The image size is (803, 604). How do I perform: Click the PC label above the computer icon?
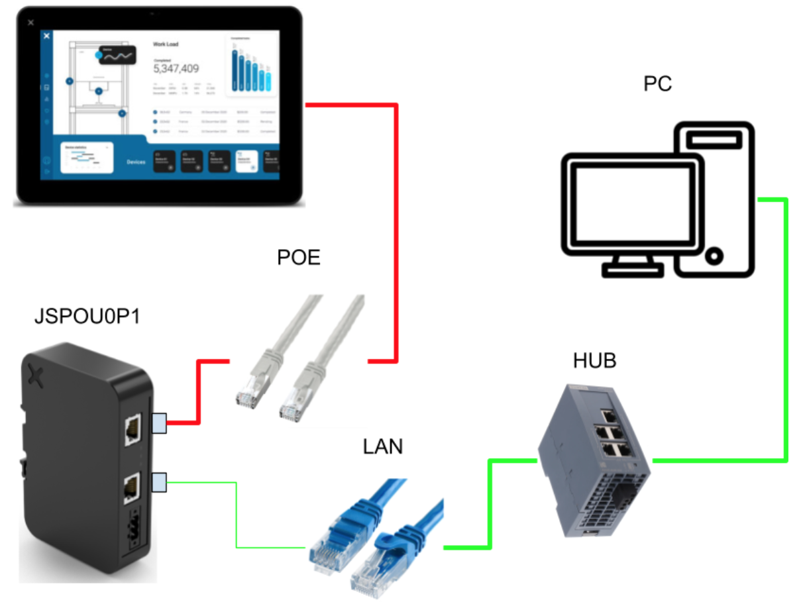click(658, 85)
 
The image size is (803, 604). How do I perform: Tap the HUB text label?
click(594, 361)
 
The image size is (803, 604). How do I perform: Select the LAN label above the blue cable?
click(383, 446)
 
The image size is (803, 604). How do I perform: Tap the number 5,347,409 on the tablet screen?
click(176, 68)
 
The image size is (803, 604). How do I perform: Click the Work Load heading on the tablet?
click(166, 44)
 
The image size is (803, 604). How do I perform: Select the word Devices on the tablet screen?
click(135, 161)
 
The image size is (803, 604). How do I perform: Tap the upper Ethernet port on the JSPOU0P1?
click(132, 430)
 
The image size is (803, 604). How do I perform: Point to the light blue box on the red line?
click(159, 423)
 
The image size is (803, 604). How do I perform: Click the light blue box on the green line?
click(159, 483)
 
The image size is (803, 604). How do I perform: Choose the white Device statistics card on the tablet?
click(87, 158)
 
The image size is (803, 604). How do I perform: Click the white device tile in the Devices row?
click(246, 161)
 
